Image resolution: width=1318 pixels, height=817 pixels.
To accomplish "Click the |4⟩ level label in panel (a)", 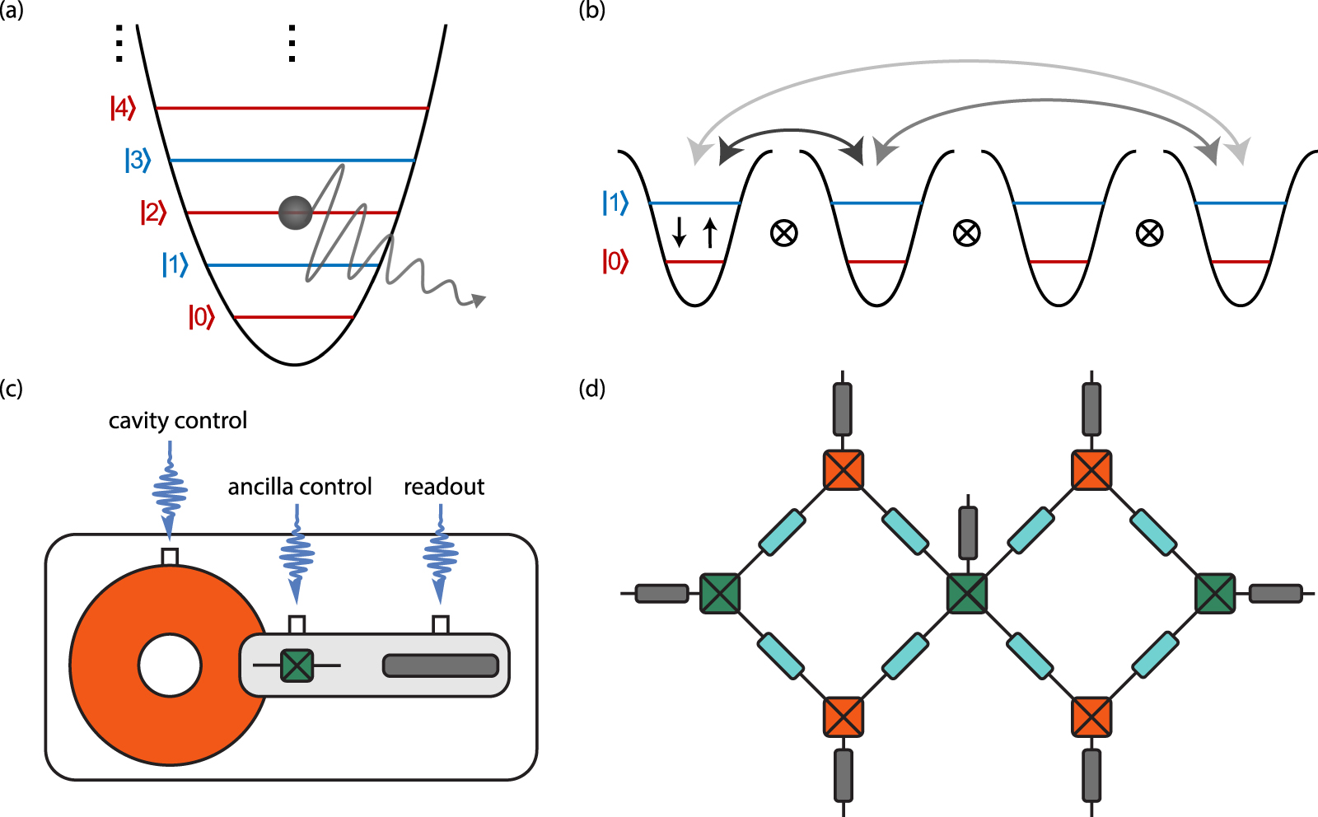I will tap(123, 108).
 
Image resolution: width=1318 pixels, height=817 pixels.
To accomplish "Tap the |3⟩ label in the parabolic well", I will tap(138, 160).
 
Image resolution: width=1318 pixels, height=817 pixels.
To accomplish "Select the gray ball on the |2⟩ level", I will tap(296, 212).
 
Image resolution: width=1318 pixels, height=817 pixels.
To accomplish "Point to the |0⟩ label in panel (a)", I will tap(201, 316).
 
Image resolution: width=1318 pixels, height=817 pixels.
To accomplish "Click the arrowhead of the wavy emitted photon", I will tap(477, 301).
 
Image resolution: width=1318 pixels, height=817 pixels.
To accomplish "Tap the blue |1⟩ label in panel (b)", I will tap(615, 203).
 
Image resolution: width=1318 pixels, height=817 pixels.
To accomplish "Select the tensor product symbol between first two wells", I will tap(783, 233).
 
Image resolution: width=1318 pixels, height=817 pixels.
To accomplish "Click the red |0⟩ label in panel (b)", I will tap(615, 261).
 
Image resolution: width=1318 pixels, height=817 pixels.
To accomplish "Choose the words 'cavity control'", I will tap(178, 421).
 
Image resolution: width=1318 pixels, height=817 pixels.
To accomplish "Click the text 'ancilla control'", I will tap(300, 487).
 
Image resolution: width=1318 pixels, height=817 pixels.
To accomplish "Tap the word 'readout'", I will tap(444, 487).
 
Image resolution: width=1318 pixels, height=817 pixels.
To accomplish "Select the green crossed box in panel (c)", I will tap(297, 665).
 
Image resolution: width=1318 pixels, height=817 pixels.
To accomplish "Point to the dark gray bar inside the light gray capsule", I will tap(441, 665).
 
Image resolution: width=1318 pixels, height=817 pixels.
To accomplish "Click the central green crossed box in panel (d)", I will tap(967, 593).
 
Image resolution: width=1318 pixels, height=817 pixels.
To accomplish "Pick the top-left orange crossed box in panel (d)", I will tap(844, 469).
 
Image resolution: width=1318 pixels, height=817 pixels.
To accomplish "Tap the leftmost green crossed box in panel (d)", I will tap(720, 593).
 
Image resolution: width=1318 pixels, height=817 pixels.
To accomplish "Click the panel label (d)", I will tap(591, 388).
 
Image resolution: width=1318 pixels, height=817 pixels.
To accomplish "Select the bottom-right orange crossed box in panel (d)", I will tap(1091, 717).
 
